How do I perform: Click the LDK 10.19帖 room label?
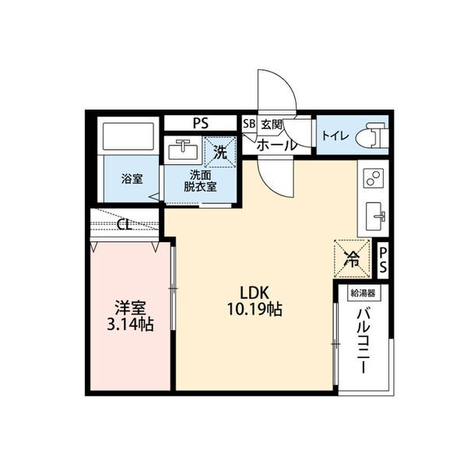255,300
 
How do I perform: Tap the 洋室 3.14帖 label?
131,316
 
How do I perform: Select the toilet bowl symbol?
375,135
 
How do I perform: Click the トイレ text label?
335,136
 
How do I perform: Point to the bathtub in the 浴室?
128,137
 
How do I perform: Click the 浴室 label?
132,179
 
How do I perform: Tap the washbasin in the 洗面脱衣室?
183,149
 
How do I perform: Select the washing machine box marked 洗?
220,153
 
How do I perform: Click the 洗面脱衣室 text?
200,181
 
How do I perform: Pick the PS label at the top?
201,123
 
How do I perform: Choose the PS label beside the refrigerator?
383,260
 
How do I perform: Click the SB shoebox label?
249,124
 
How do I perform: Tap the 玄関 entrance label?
272,125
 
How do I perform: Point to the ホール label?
277,146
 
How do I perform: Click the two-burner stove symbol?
373,177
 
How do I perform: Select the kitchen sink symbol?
374,216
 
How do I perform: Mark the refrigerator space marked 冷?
353,259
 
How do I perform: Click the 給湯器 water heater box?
363,293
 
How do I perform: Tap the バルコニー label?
363,341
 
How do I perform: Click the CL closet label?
125,225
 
